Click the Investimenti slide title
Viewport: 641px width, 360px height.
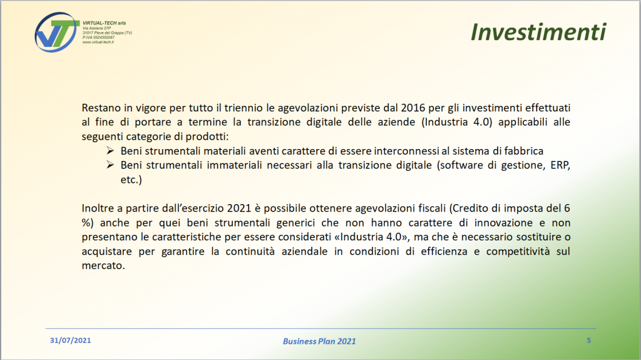[x=538, y=32]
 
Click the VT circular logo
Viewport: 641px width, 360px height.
[x=57, y=32]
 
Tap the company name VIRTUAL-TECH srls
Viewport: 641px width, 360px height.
[x=105, y=23]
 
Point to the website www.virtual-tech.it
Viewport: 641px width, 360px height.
[x=98, y=42]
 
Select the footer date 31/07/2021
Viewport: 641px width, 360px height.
[x=70, y=341]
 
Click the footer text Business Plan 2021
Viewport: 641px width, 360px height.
[x=319, y=341]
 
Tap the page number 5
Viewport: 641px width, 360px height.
[x=588, y=341]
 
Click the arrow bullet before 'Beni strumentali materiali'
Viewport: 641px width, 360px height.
[x=110, y=150]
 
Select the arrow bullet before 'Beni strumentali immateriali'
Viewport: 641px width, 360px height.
[x=110, y=165]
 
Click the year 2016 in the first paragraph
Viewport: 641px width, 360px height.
[x=413, y=108]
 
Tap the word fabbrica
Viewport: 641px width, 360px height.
[x=524, y=151]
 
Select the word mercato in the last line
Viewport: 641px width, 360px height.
[x=103, y=266]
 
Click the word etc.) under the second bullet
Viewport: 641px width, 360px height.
[x=131, y=180]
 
